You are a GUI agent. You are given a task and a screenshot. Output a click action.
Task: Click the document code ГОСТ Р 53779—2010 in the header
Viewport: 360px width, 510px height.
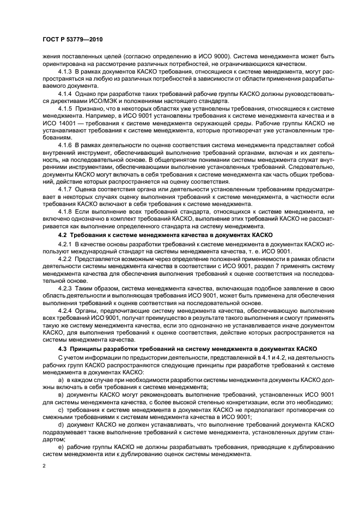coord(72,40)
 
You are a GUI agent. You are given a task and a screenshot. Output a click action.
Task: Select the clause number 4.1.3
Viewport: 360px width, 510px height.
coord(65,72)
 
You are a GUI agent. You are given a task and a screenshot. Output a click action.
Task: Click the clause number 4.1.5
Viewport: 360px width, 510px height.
coord(65,108)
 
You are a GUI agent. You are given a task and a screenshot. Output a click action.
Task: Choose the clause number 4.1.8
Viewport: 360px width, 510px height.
coord(65,210)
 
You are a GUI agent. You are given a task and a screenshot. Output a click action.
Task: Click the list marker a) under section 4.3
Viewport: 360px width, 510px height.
coord(60,379)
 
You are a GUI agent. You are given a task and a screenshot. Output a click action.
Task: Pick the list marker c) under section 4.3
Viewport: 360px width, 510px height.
coord(60,409)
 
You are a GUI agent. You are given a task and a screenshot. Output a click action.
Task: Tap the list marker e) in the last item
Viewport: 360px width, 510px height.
coord(60,445)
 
